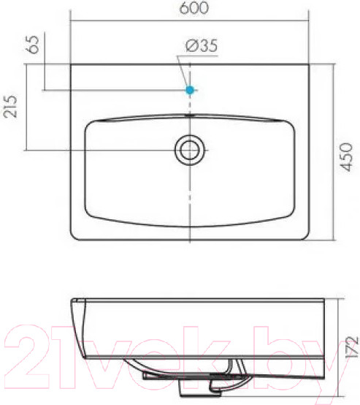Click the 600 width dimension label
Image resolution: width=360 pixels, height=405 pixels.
click(194, 8)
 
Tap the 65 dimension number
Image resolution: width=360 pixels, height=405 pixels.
click(34, 45)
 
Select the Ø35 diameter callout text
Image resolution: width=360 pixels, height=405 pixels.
click(202, 46)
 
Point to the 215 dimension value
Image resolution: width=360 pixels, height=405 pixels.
click(10, 107)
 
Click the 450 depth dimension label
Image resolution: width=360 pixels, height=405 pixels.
click(346, 157)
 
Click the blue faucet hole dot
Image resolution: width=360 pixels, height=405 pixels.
click(190, 90)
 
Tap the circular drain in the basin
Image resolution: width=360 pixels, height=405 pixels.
click(190, 150)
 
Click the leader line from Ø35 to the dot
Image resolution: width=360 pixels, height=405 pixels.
click(183, 71)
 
